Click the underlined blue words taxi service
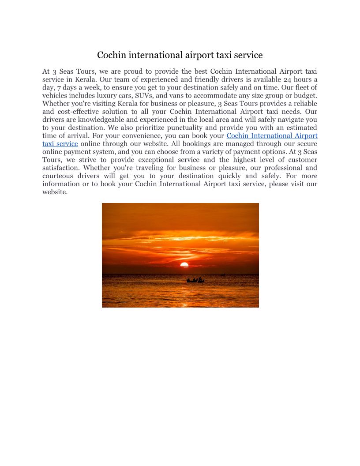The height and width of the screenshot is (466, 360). click(60, 143)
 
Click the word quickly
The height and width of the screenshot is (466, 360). click(229, 176)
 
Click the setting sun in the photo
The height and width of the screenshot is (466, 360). click(184, 265)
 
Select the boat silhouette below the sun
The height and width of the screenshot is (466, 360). click(195, 280)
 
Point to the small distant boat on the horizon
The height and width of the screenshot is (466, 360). click(223, 274)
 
